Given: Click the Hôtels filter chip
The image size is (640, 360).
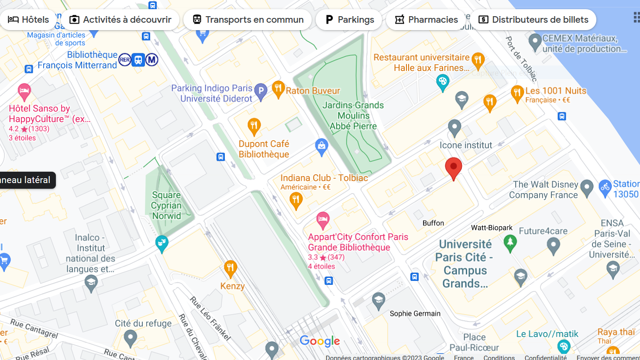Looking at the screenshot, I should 29,20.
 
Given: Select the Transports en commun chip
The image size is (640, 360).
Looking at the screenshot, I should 248,20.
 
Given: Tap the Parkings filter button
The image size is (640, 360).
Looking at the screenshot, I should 349,20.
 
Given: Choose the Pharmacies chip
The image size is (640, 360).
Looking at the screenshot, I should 426,20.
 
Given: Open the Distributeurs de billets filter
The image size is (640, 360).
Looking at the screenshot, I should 533,20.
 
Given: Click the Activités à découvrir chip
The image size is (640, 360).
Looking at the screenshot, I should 120,20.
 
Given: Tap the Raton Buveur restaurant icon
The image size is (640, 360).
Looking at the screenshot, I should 278,89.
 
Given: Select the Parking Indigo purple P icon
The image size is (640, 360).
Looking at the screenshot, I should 261,91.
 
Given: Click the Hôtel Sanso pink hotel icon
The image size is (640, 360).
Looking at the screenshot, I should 24,92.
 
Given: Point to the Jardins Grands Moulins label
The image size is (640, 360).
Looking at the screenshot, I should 353,116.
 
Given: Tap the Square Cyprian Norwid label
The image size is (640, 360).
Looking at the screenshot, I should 166,205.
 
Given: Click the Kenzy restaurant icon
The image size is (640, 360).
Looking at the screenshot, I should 231,268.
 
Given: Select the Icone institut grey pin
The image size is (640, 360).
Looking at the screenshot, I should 454,128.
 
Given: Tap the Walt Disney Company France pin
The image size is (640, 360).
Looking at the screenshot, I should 587,187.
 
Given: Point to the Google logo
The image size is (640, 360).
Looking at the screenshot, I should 320,341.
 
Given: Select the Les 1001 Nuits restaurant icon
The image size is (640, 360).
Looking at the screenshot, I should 517,93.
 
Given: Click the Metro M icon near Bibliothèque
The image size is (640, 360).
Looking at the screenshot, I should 152,59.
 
